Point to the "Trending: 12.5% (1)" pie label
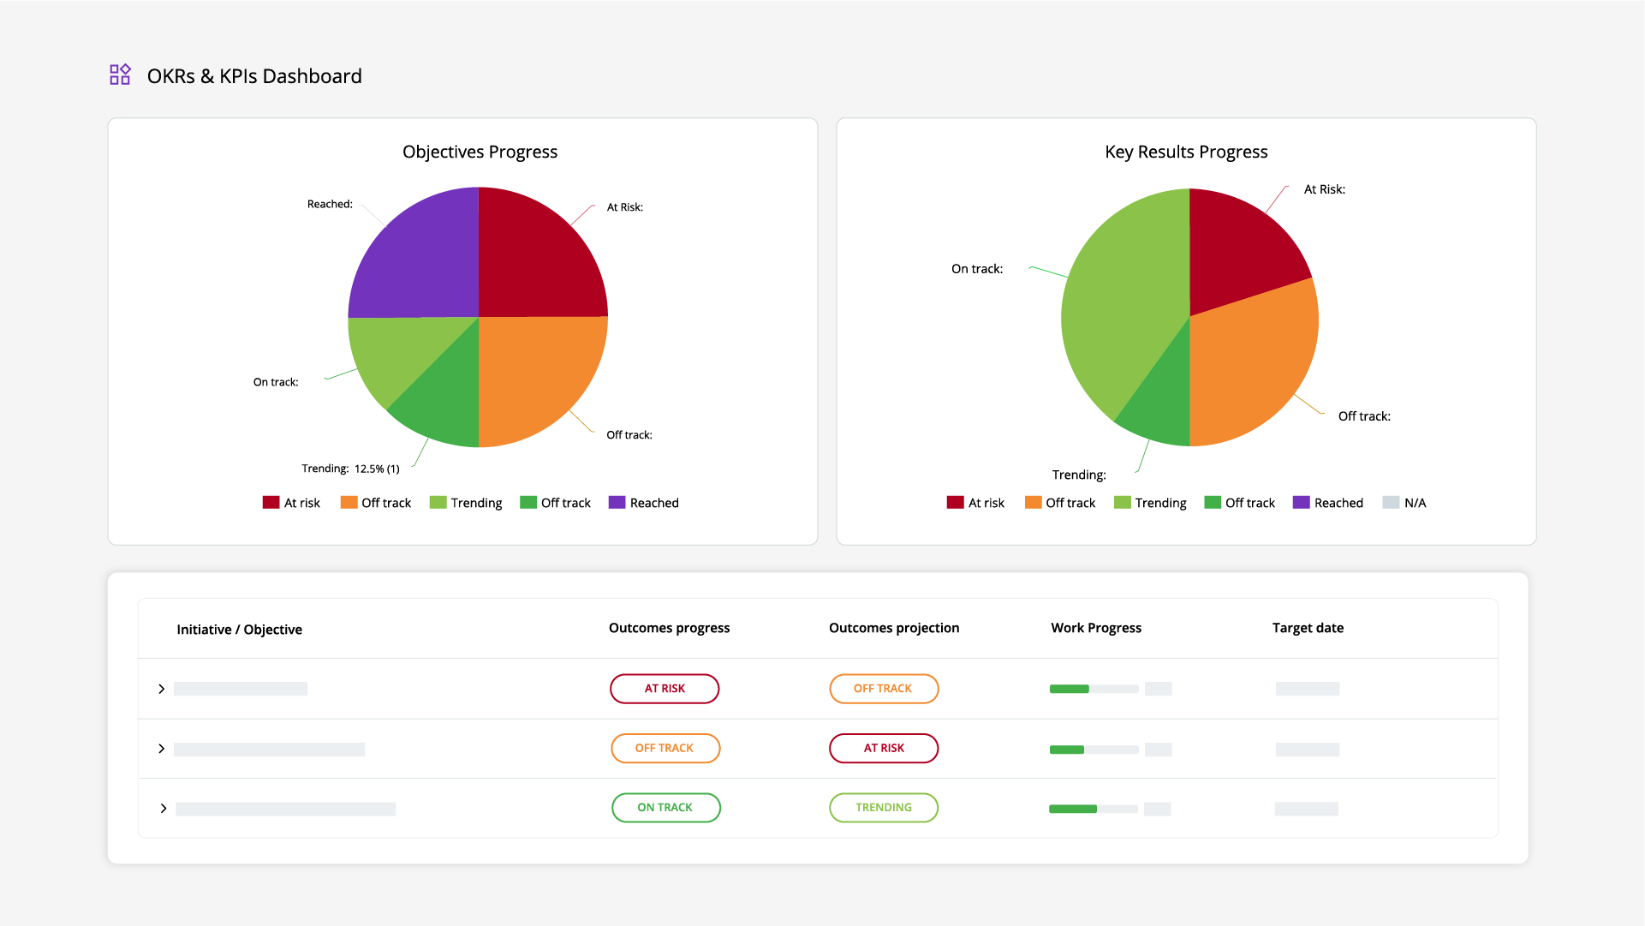click(x=350, y=469)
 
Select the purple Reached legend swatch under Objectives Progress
click(x=617, y=503)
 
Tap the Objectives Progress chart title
click(x=480, y=152)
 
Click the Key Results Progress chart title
click(x=1186, y=152)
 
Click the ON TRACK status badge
click(x=665, y=808)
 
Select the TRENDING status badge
click(x=884, y=808)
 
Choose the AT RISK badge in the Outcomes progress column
click(x=665, y=689)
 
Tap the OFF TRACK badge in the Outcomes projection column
click(x=884, y=689)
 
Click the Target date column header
click(x=1308, y=628)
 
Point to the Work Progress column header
click(x=1096, y=628)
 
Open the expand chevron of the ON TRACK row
click(x=163, y=809)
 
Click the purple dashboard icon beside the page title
click(x=120, y=75)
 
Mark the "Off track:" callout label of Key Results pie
click(x=1364, y=416)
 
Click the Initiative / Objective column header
click(x=239, y=630)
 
